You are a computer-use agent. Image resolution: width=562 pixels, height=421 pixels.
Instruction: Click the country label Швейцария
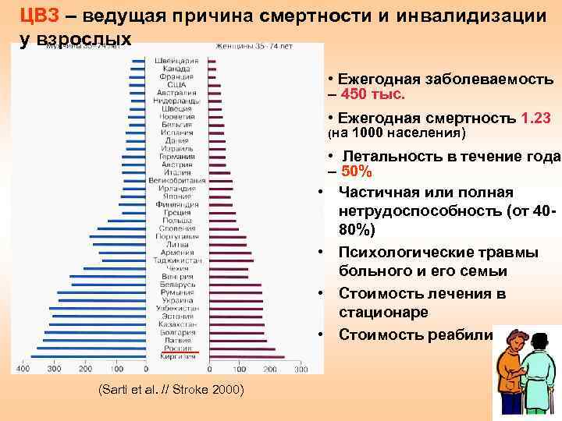tap(177, 61)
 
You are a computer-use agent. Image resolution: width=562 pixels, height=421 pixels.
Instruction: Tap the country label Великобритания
tap(177, 181)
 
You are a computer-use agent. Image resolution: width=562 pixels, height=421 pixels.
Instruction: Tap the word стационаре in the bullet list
tap(383, 313)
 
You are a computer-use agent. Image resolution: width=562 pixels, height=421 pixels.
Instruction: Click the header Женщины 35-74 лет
tap(247, 48)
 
